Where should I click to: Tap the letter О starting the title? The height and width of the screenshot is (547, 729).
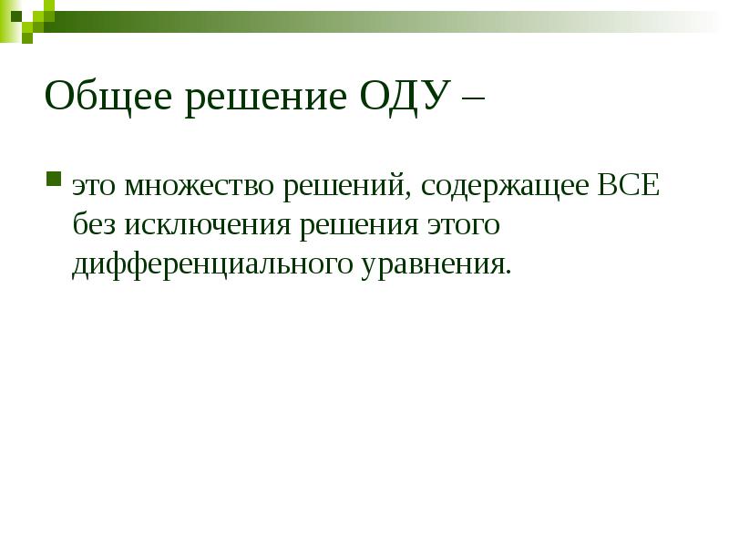pos(60,96)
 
